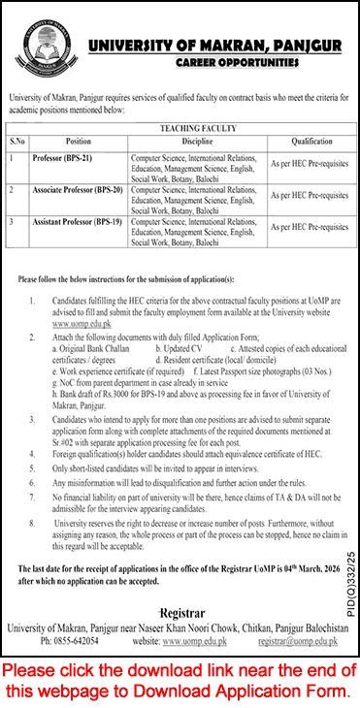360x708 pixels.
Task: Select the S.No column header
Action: tap(16, 142)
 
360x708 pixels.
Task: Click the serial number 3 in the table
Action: tap(11, 223)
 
